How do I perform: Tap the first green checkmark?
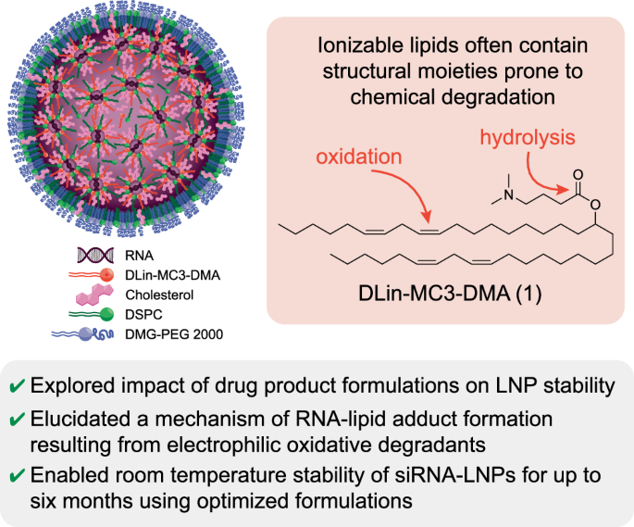click(19, 385)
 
